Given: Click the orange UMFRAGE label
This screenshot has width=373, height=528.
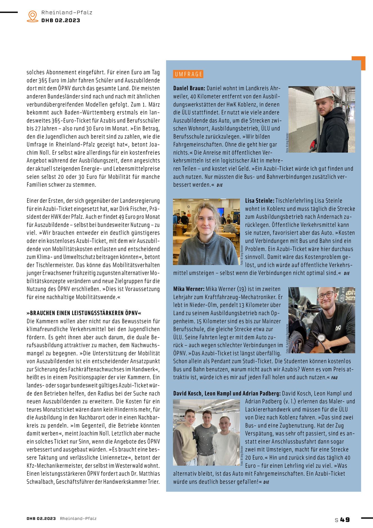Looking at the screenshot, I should coord(188,74).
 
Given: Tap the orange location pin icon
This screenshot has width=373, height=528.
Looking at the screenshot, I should coord(33,16).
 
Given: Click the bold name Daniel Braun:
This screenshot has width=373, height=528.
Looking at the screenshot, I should coord(189,88).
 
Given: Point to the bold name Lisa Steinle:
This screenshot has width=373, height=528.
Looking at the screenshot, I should coord(259,201).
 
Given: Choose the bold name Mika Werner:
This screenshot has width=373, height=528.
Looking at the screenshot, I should coord(189,289).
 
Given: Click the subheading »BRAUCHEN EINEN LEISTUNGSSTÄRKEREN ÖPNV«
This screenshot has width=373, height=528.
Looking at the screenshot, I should coord(84,313).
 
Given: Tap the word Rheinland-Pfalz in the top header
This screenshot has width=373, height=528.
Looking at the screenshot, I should coord(67,12).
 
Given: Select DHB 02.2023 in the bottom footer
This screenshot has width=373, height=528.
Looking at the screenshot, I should coord(41,518).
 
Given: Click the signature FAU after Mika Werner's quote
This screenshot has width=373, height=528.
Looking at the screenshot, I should coord(334,378).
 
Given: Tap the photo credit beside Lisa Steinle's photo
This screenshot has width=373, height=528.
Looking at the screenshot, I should coord(242,255).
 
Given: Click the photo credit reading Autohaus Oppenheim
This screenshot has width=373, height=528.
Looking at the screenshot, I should coord(287,338).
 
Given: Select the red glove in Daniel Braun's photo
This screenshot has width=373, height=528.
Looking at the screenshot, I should coord(313,144).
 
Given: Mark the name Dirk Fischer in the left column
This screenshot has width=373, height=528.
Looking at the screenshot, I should coord(133,209).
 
